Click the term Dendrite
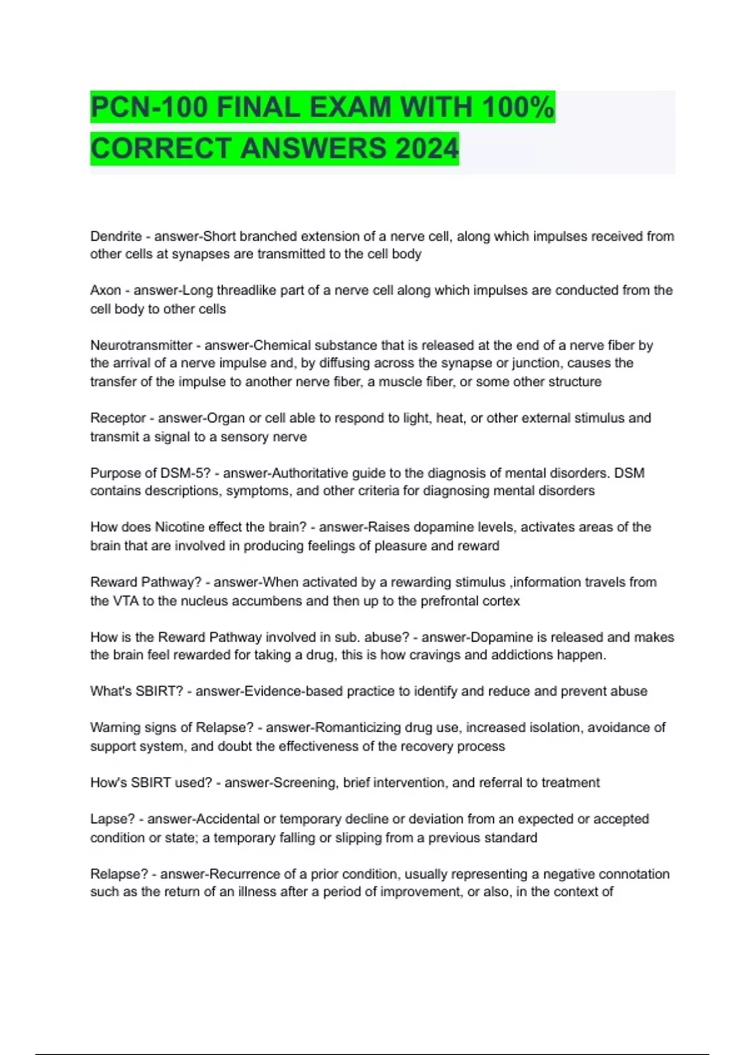tap(116, 236)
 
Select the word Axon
tap(106, 290)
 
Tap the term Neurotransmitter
tap(142, 345)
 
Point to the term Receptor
tap(118, 418)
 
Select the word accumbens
tap(272, 601)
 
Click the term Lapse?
tap(112, 819)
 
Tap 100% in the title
tap(518, 107)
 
